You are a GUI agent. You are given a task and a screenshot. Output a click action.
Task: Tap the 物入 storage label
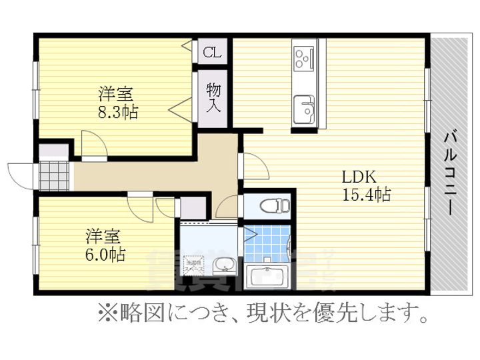[x=213, y=97]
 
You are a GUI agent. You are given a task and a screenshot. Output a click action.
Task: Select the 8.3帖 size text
[x=118, y=112]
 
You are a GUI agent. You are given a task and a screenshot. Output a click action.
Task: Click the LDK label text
[x=360, y=177]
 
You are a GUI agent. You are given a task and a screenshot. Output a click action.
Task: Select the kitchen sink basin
[x=305, y=107]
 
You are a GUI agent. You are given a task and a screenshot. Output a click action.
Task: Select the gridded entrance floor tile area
[x=53, y=175]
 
